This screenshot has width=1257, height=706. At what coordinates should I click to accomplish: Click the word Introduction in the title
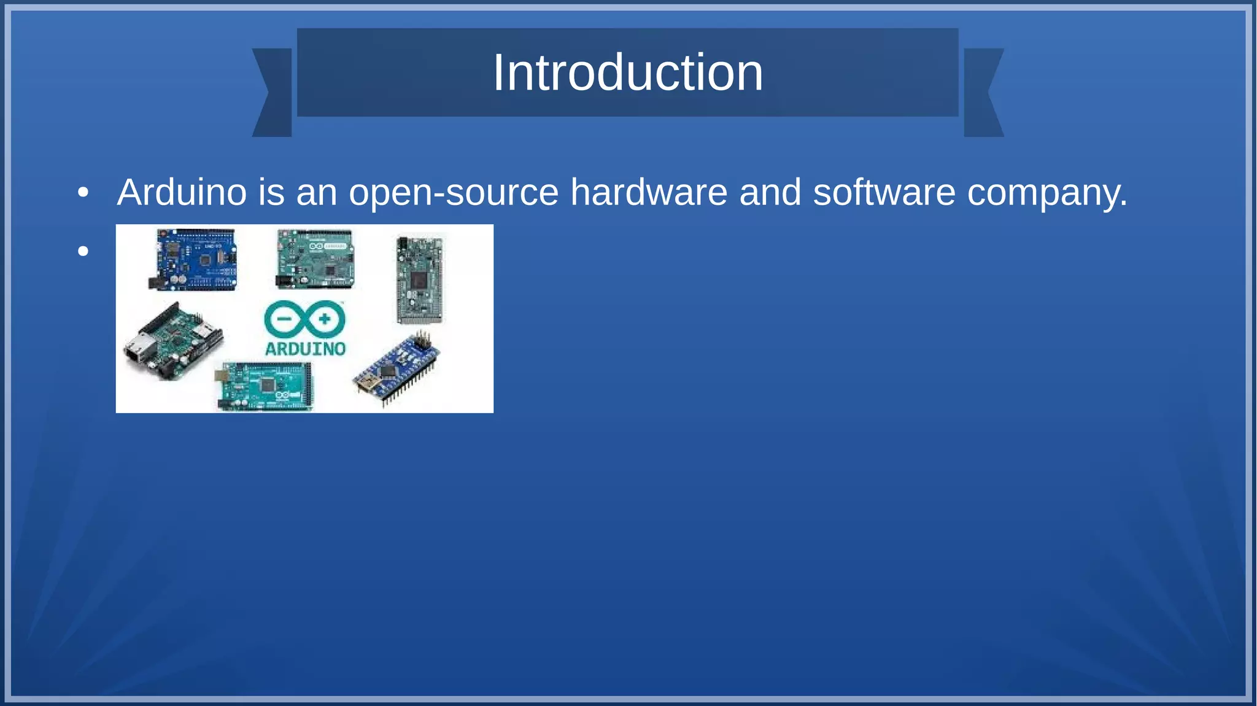627,73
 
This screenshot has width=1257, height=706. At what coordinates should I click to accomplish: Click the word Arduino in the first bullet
182,192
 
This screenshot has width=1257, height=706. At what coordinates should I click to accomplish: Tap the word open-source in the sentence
454,193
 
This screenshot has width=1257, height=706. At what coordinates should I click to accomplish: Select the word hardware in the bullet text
649,192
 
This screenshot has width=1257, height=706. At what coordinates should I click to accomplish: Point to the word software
884,192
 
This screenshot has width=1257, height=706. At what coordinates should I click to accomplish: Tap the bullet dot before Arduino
83,193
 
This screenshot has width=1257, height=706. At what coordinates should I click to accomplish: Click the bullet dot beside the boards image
83,250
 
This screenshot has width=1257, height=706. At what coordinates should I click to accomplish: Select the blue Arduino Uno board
193,260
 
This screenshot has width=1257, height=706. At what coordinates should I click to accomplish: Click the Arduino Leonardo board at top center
315,259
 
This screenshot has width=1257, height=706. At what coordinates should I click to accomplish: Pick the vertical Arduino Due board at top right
419,279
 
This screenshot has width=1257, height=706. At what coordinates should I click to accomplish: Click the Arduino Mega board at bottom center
265,386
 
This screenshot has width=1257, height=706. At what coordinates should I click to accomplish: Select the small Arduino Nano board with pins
398,368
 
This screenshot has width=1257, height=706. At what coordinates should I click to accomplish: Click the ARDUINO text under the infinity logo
305,349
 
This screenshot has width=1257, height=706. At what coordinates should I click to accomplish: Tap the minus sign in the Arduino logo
284,319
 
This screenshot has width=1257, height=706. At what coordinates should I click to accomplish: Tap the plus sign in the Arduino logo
325,319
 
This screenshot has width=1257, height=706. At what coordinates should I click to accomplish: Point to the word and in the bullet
770,192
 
